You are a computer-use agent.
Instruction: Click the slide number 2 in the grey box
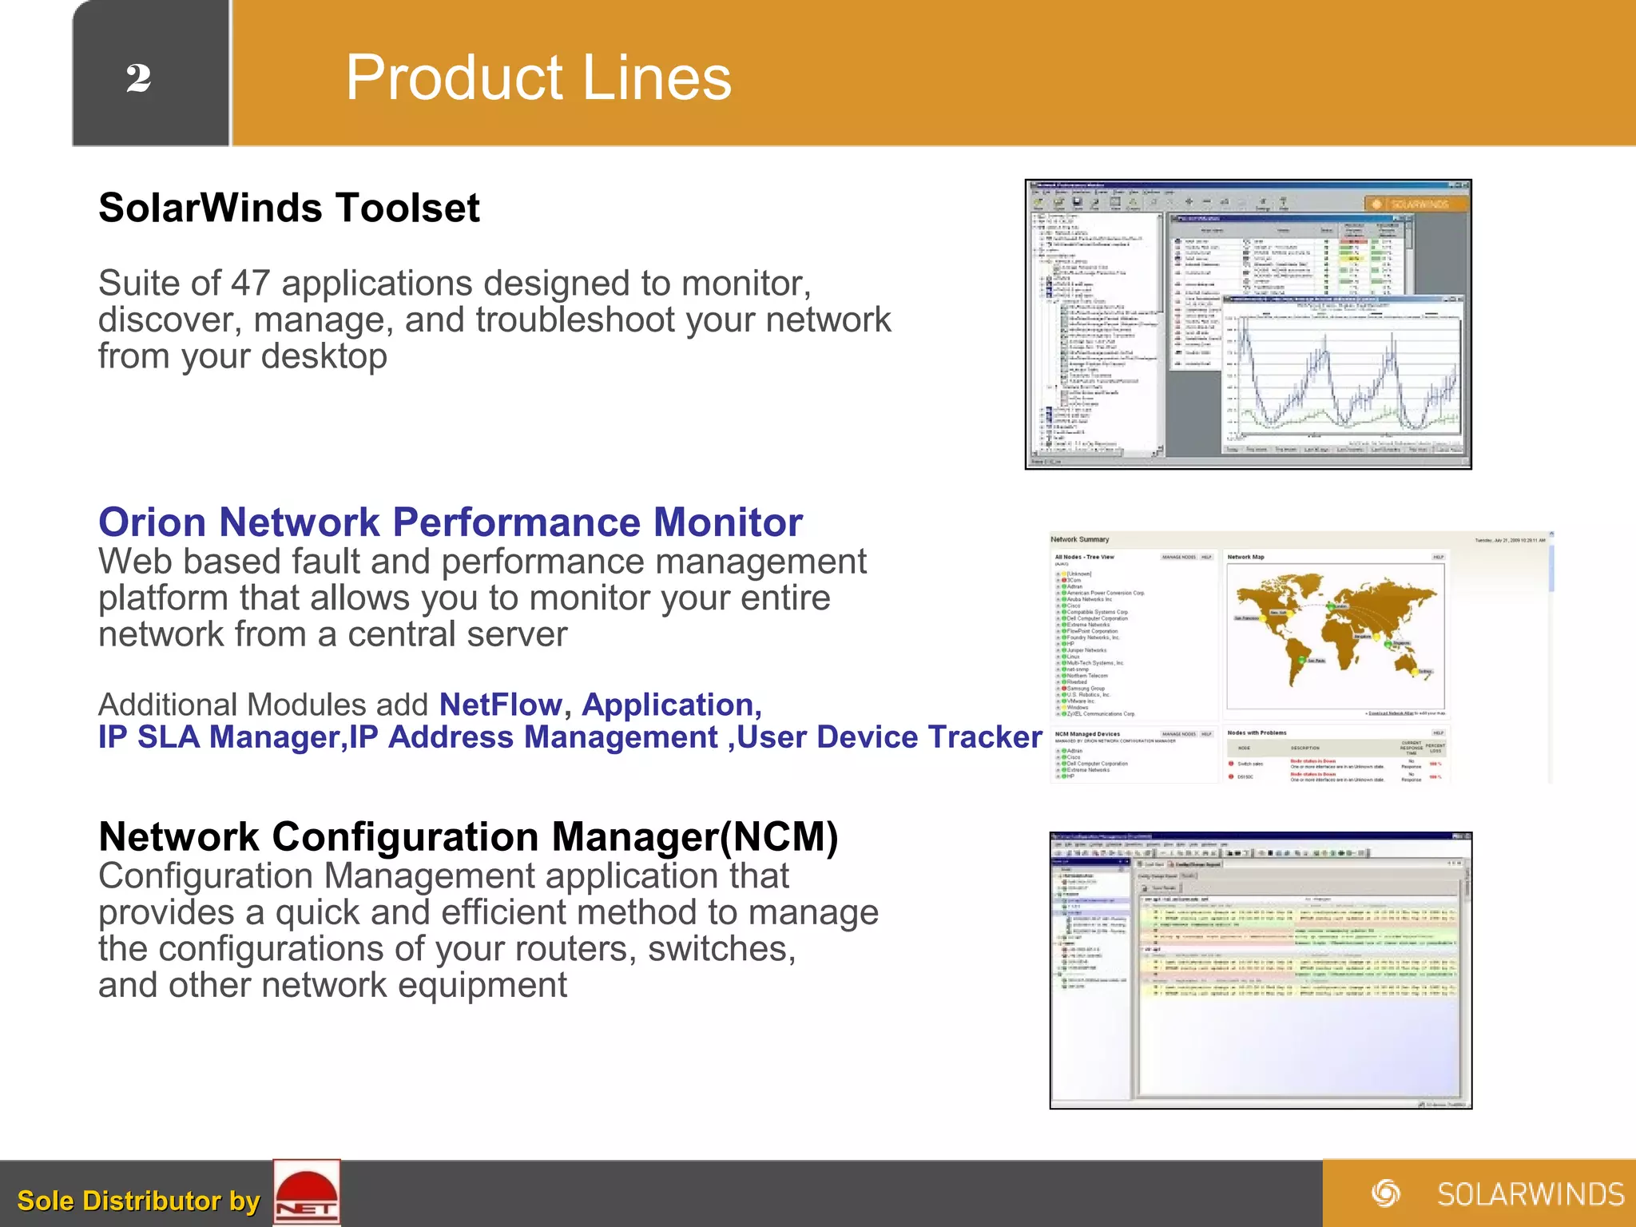(138, 78)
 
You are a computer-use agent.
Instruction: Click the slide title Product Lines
(538, 77)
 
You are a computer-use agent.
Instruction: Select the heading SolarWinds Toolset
(288, 208)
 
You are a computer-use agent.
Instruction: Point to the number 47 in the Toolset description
(250, 284)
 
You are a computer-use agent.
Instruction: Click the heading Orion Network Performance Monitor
(450, 522)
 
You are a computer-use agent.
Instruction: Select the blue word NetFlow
(501, 705)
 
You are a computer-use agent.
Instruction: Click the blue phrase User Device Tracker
(889, 737)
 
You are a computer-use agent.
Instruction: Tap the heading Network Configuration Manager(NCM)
(468, 837)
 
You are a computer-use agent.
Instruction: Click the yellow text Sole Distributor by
(138, 1201)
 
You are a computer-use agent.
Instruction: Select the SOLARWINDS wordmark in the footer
(1530, 1194)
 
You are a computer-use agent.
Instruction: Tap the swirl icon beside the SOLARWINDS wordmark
(1386, 1193)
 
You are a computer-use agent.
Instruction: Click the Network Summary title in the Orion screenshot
(1079, 540)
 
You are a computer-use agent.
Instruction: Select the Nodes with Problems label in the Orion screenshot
(1257, 733)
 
